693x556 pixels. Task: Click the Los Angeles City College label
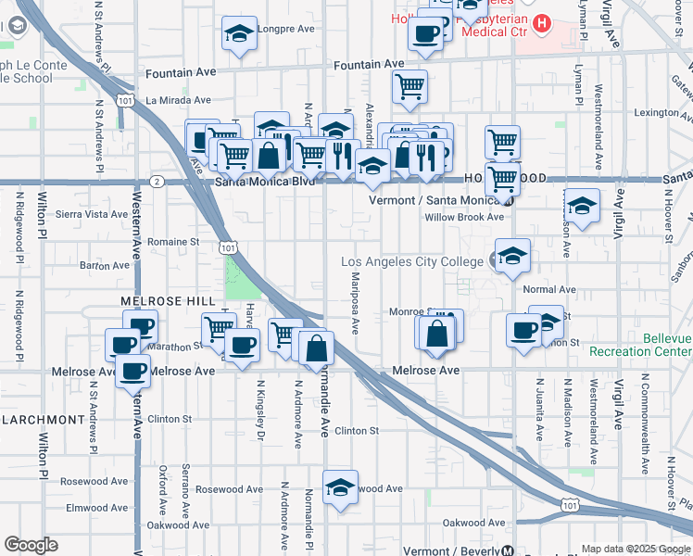411,262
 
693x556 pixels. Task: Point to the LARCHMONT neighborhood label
44,420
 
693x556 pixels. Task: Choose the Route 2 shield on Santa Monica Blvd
157,181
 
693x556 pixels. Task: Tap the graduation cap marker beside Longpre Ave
239,34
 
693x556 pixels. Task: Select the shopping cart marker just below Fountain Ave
409,87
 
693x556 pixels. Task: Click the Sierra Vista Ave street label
91,213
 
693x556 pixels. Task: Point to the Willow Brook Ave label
463,218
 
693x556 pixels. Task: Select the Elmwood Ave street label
97,508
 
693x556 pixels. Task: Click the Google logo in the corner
31,545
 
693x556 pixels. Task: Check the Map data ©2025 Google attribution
635,549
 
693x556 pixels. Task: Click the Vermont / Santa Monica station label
435,199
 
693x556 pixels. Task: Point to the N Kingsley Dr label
260,408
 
